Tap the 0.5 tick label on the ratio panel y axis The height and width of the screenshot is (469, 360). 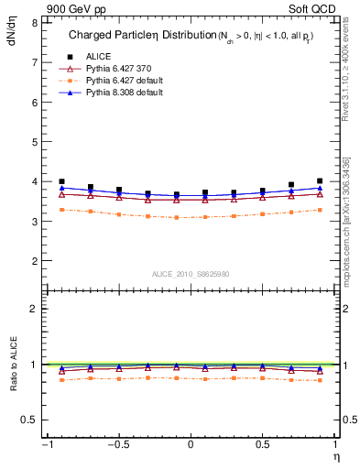pyautogui.click(x=28, y=420)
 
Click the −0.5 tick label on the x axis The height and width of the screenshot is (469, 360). pyautogui.click(x=117, y=445)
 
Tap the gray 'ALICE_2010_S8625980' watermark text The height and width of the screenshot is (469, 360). pyautogui.click(x=190, y=274)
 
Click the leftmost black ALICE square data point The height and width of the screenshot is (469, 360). pyautogui.click(x=61, y=181)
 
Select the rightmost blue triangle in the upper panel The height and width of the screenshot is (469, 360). pyautogui.click(x=319, y=188)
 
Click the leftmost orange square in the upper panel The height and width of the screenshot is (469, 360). pyautogui.click(x=61, y=210)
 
